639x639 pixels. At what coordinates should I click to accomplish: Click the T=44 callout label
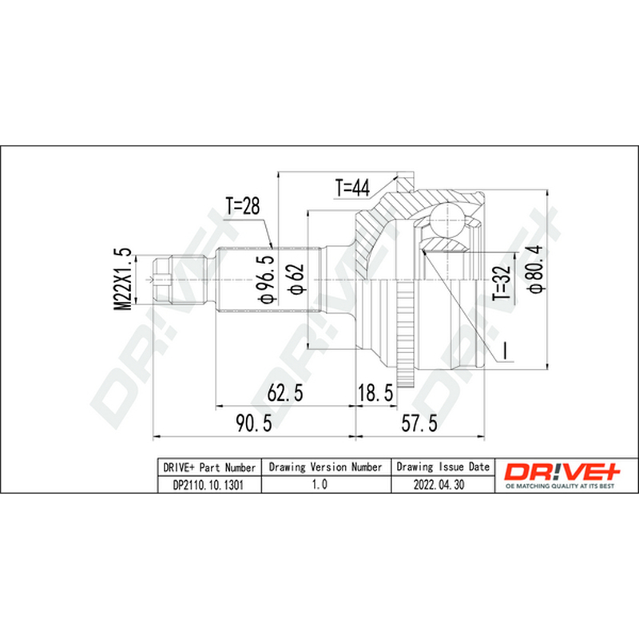pyautogui.click(x=352, y=188)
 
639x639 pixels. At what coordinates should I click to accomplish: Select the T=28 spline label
pyautogui.click(x=243, y=206)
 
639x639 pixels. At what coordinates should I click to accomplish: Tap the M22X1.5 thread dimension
pyautogui.click(x=123, y=279)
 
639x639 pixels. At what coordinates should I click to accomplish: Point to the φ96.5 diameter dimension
pyautogui.click(x=266, y=279)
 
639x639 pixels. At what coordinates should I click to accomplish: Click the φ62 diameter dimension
pyautogui.click(x=296, y=279)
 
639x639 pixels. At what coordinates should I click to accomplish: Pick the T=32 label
pyautogui.click(x=502, y=283)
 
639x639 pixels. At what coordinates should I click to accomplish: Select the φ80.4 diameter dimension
pyautogui.click(x=535, y=268)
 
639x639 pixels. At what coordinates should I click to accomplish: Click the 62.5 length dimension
pyautogui.click(x=285, y=393)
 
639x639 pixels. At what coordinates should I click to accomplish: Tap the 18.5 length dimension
pyautogui.click(x=375, y=393)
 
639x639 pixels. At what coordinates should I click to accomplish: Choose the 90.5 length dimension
pyautogui.click(x=253, y=423)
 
